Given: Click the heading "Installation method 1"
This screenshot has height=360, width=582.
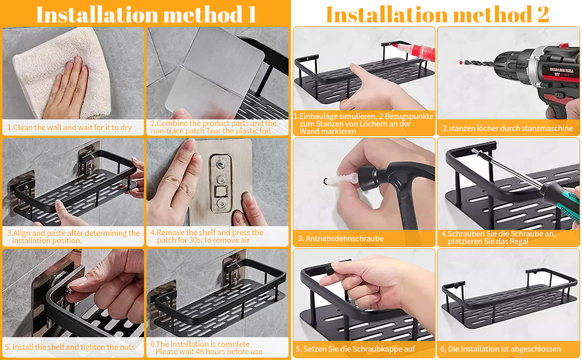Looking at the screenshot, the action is coord(146,14).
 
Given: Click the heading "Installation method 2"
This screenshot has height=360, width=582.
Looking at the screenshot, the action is coord(437,14).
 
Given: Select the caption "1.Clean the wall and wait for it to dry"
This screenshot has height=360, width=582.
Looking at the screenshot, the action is coord(70,128).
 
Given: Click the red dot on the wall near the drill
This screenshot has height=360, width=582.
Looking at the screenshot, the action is coord(461,62).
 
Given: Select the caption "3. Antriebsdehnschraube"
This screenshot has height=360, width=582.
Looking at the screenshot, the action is coord(341,239).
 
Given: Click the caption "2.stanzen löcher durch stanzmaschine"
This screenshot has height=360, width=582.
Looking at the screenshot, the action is coord(508,128).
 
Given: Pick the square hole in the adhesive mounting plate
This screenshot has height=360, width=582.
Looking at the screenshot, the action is coord(221,192).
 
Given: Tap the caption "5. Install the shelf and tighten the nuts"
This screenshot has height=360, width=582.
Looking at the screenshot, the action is coord(70,347).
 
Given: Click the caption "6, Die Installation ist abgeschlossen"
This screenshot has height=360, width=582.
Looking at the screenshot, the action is coord(500,349).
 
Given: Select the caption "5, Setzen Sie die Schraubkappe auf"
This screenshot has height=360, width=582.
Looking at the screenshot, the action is coord(355,349).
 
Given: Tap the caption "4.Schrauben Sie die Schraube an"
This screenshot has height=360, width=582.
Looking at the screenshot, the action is coord(499,234).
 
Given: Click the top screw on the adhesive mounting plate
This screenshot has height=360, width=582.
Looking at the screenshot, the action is coord(221,164).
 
